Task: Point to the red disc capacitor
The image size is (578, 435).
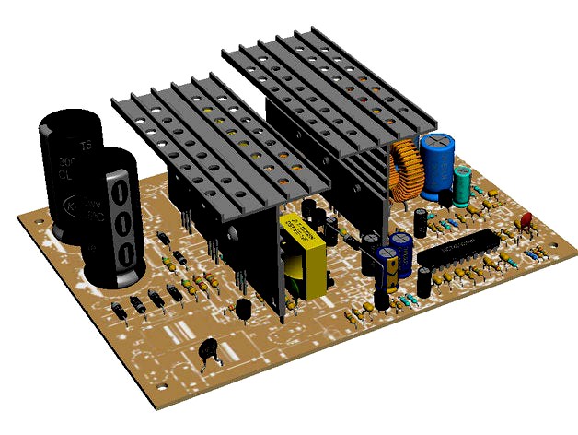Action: pyautogui.click(x=527, y=221)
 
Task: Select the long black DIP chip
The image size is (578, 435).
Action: pyautogui.click(x=457, y=251)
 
